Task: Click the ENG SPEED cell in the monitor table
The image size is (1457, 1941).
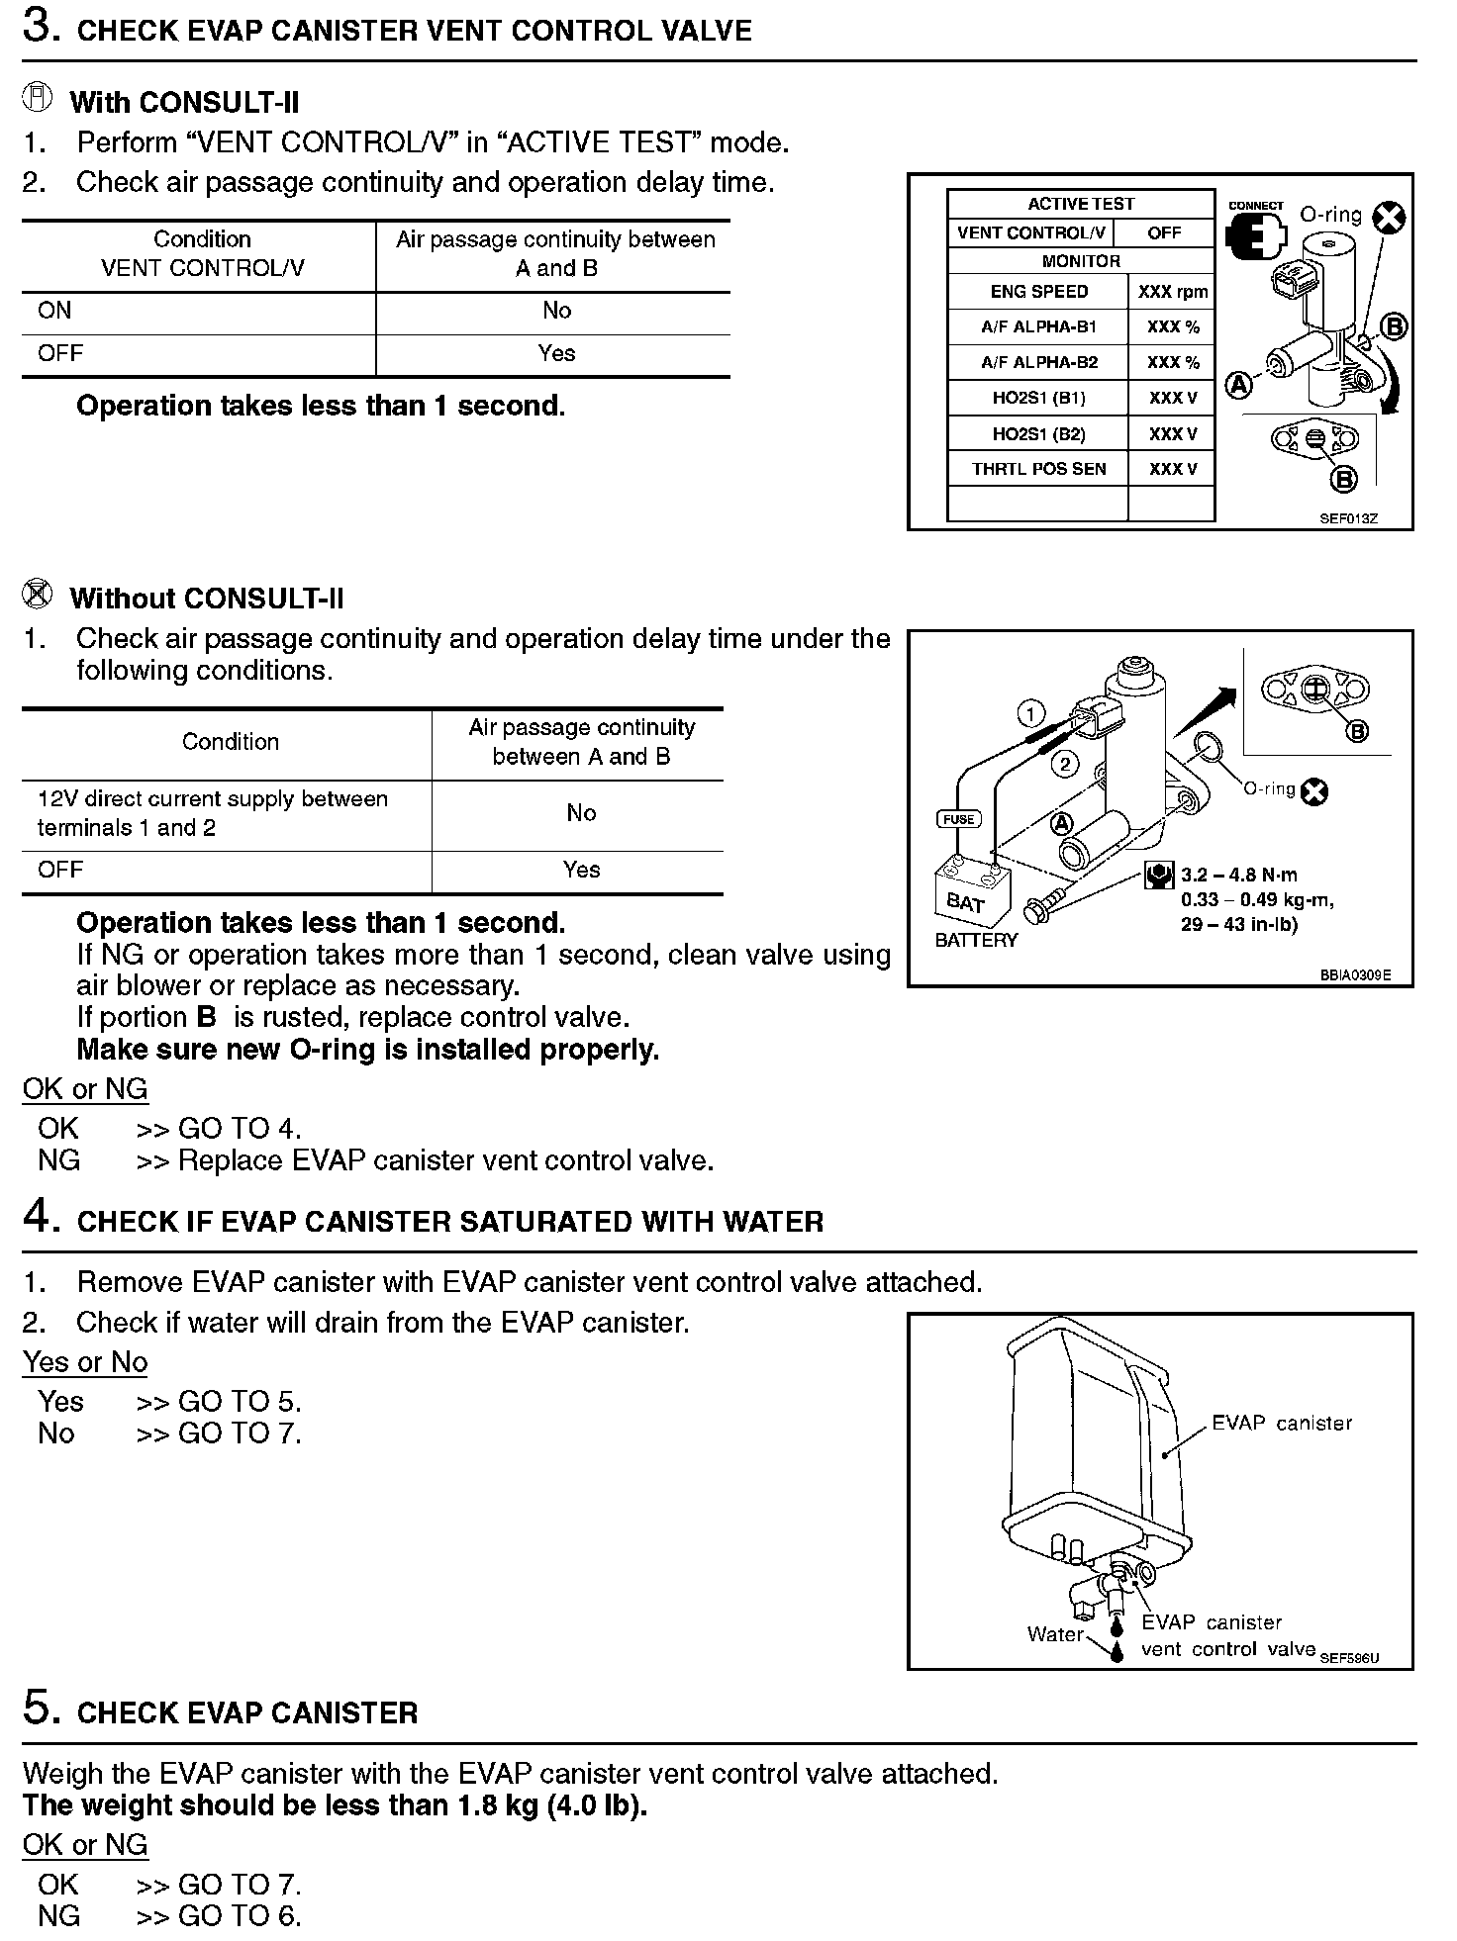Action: point(1038,292)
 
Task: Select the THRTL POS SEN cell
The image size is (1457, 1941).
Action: point(1038,469)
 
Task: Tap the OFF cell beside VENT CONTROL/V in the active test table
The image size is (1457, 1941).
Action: point(1164,233)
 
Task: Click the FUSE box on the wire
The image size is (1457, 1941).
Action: point(958,819)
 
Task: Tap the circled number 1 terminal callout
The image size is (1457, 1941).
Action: point(1031,713)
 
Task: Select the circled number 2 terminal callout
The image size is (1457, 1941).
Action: point(1065,763)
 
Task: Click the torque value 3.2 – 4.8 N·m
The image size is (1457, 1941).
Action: point(1238,875)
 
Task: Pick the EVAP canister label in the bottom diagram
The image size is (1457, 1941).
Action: point(1282,1424)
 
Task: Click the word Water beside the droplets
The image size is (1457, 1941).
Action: point(1055,1634)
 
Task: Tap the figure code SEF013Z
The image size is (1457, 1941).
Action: point(1348,518)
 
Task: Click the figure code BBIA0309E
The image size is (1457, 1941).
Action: point(1354,974)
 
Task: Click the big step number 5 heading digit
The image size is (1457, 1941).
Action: point(37,1709)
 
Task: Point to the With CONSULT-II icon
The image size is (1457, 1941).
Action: point(37,99)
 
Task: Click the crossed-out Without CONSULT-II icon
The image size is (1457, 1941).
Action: point(37,595)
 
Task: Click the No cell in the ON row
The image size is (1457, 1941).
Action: point(556,311)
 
